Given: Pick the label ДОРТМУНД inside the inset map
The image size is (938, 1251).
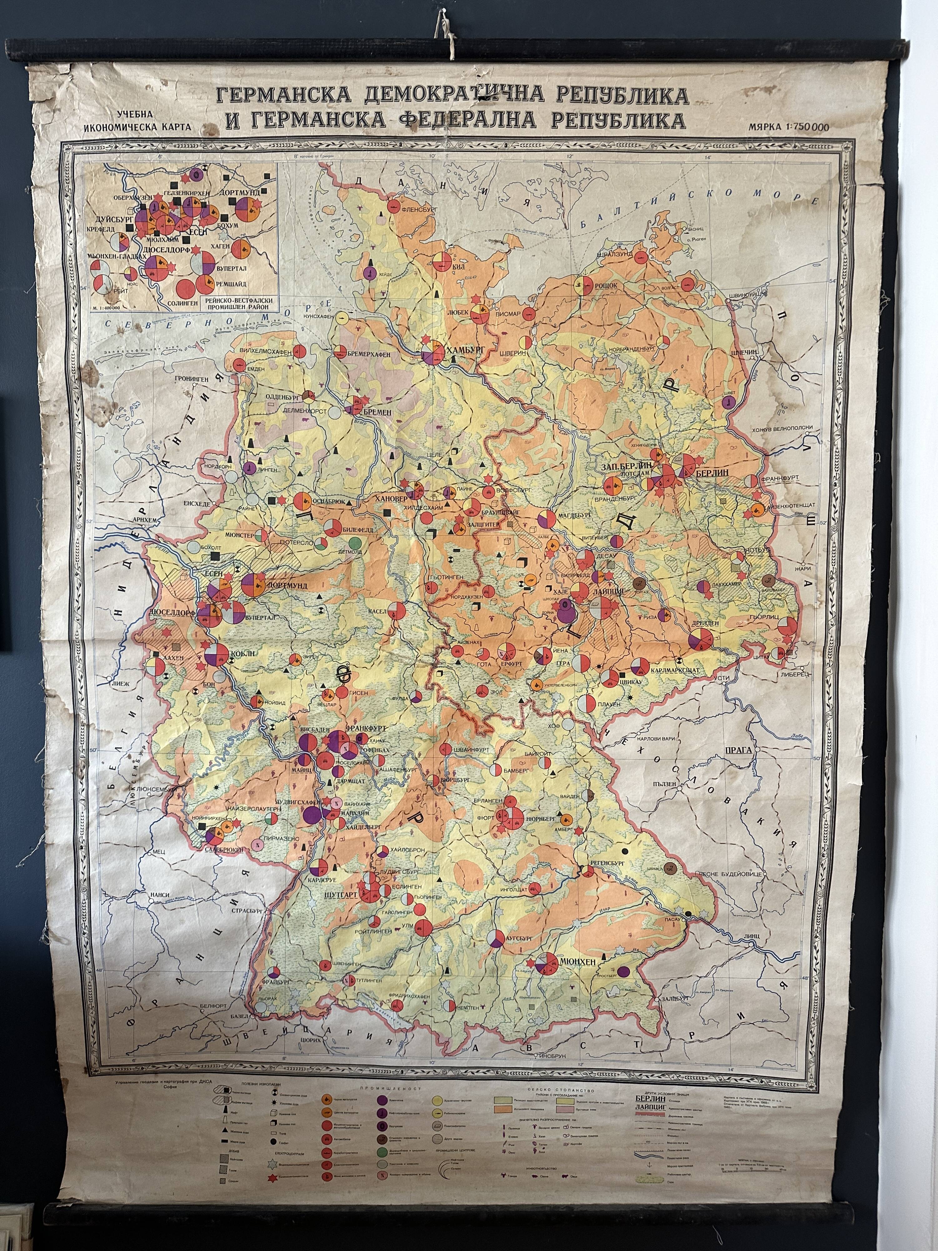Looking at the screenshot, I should point(240,193).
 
